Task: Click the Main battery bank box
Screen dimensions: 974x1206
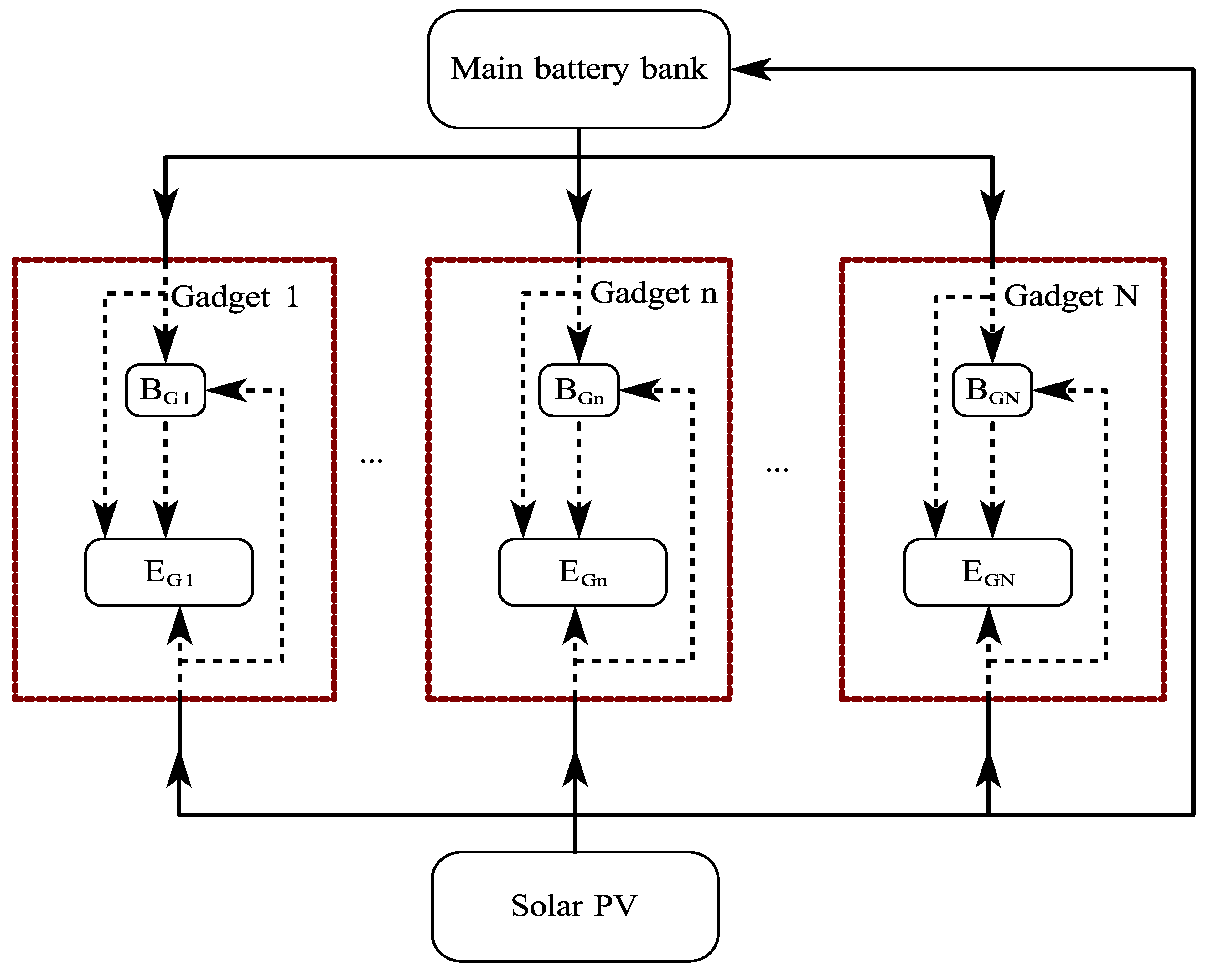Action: point(578,69)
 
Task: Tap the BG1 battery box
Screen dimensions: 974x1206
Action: point(165,390)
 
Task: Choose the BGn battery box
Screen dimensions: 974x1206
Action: point(579,390)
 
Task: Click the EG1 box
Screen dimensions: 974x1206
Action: point(169,572)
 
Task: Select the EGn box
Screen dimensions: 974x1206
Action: point(582,572)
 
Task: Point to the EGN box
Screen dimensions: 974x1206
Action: point(988,572)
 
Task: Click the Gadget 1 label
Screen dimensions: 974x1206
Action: point(235,297)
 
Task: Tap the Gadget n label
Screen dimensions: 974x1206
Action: point(654,293)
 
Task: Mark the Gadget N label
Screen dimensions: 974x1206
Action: point(1070,296)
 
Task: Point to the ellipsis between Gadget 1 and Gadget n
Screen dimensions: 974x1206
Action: point(371,461)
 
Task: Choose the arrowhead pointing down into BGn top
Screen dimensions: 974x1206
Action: point(579,343)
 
